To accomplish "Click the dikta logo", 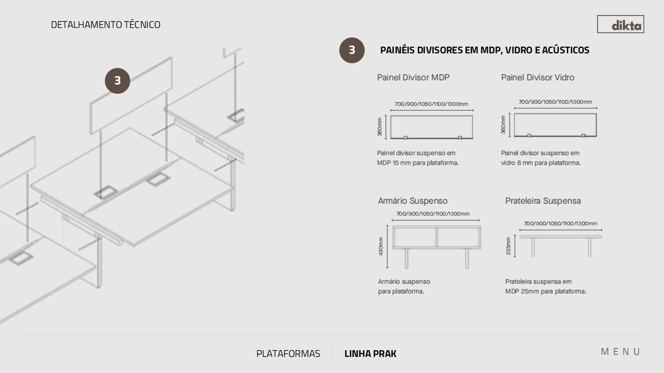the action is [620, 24].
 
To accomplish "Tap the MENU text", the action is [620, 352].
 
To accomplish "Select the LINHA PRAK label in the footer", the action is [370, 353].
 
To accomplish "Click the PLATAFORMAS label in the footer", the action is [288, 353].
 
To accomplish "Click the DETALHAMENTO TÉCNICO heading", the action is [105, 24].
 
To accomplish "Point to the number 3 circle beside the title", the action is [352, 50].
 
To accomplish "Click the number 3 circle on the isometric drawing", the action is [117, 81].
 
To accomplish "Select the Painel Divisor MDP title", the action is [413, 78].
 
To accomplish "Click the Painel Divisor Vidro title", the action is [537, 78].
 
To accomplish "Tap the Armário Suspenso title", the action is [412, 200].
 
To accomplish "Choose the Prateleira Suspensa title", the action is [543, 200].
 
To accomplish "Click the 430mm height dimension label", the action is [381, 246].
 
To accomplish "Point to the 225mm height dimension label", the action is [508, 246].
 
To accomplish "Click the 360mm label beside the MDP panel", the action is [380, 127].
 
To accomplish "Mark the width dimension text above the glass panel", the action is [555, 102].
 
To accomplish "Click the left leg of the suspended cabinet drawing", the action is [406, 259].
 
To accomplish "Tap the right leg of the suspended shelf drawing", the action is [590, 247].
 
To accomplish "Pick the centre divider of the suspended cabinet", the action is [436, 237].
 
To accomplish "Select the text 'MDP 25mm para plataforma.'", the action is [546, 291].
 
